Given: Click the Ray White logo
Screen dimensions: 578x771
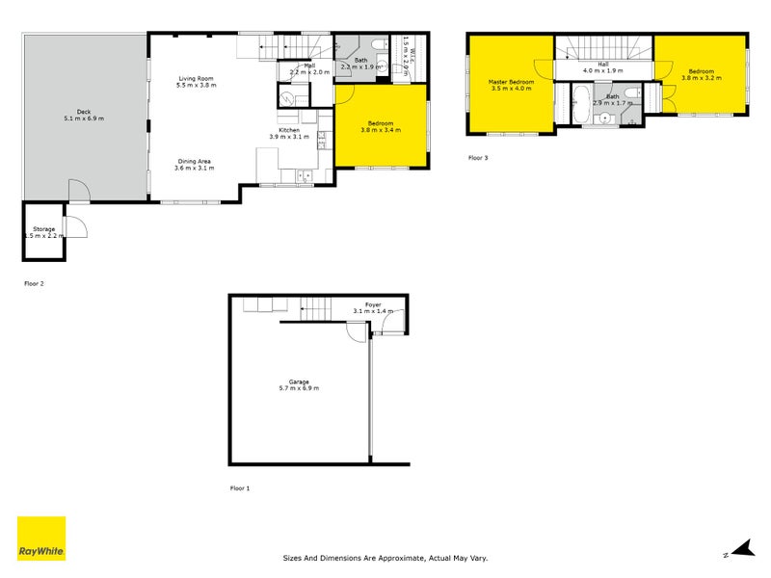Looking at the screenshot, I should (41, 539).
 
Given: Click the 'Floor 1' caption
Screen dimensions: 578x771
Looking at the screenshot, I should (239, 488).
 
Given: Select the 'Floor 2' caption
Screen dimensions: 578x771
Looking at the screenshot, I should (34, 283).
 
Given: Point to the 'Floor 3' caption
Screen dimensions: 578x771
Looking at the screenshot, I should (478, 157).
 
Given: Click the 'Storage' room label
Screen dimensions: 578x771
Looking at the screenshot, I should (42, 228).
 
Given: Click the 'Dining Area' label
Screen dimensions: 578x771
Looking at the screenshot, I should (193, 161).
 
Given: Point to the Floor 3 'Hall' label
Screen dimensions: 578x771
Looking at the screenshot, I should (602, 64).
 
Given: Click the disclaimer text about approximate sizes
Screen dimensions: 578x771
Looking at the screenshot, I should (385, 557).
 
